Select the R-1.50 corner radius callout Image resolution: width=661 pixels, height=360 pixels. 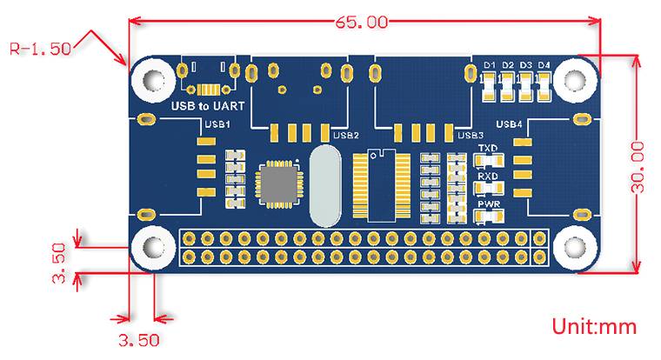(40, 50)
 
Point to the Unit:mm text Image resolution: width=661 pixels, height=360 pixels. (595, 327)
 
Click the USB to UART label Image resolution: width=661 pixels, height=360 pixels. (207, 106)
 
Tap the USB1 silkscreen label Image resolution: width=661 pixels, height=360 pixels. (216, 124)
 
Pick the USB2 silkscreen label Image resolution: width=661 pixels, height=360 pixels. (346, 135)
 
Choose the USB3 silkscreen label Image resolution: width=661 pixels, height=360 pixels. (470, 135)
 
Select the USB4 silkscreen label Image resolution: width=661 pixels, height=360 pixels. (509, 124)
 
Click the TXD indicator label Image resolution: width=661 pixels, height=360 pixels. (487, 149)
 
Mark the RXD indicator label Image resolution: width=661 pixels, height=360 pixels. (487, 177)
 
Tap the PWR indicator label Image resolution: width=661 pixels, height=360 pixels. (487, 204)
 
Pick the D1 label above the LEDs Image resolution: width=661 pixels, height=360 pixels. (490, 65)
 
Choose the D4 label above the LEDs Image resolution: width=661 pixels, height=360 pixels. (544, 65)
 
